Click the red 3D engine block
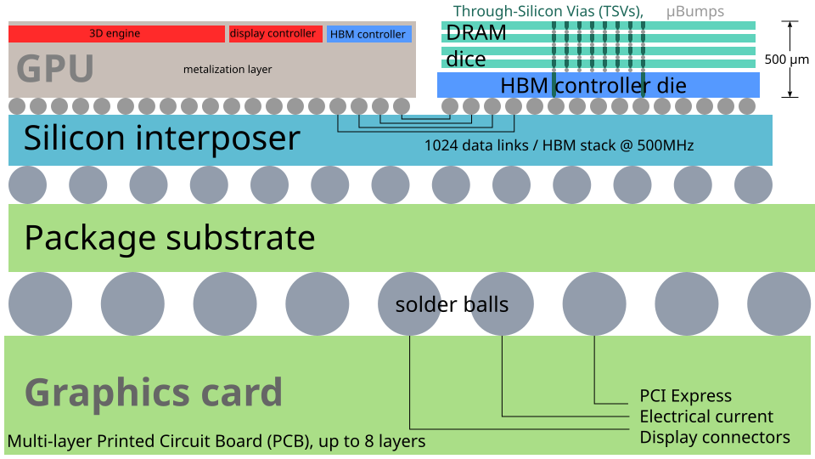point(116,34)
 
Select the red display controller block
point(275,34)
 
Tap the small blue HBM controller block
point(369,34)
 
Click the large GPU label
point(55,69)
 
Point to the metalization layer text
point(228,69)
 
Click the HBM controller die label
point(593,85)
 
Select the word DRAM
point(476,33)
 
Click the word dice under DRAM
point(466,59)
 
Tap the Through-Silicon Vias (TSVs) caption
point(548,11)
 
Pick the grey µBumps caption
point(695,11)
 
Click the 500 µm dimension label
point(786,59)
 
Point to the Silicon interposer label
point(162,138)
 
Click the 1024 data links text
point(559,145)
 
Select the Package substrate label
point(170,238)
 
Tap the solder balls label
point(452,304)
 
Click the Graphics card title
point(154,392)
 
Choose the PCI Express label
point(686,396)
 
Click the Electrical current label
point(706,416)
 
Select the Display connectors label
point(715,437)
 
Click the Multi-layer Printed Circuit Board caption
point(216,441)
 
